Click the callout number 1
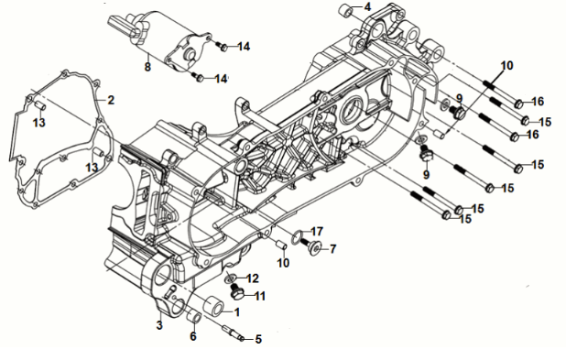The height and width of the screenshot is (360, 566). tap(237, 311)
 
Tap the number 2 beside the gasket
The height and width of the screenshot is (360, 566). tap(111, 99)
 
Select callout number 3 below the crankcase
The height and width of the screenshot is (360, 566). tap(159, 324)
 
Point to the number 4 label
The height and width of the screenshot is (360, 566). tap(367, 6)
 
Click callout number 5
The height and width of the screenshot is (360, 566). tap(258, 339)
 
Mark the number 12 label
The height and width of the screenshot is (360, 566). tap(252, 278)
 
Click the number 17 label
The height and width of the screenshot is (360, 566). tap(317, 231)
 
